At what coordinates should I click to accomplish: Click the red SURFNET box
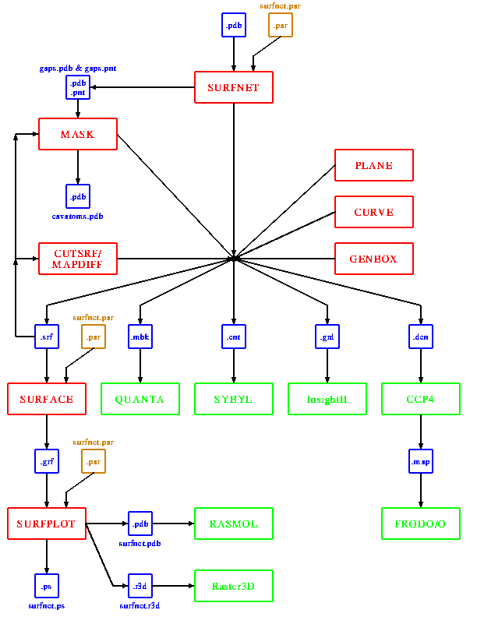234,87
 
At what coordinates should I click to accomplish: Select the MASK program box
78,134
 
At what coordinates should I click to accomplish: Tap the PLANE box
374,165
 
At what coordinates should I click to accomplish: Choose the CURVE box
374,212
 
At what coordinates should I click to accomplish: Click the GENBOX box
374,259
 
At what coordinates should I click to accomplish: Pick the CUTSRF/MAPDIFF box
78,259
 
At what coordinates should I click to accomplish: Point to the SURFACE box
47,399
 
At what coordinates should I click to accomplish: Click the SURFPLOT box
47,524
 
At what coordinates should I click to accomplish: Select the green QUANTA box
140,399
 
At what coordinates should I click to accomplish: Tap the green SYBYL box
234,399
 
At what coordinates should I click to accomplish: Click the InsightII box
327,399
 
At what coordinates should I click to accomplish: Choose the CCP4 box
421,399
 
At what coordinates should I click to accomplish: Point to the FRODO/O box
421,524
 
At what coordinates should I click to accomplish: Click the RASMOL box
234,524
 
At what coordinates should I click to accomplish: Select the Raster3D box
234,586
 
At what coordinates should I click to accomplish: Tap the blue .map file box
421,461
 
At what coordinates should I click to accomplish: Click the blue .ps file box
47,586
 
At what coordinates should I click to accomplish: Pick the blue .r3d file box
140,586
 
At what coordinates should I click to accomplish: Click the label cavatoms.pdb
78,216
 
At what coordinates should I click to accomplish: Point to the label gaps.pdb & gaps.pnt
78,69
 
